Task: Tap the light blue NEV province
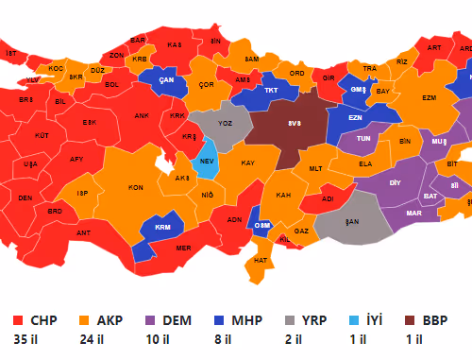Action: [x=207, y=161]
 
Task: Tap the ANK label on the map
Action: [x=143, y=116]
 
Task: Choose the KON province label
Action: [x=135, y=187]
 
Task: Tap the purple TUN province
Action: [x=362, y=139]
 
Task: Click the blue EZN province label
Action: [x=355, y=117]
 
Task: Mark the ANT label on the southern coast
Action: [x=83, y=232]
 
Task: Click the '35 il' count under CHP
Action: [x=26, y=339]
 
